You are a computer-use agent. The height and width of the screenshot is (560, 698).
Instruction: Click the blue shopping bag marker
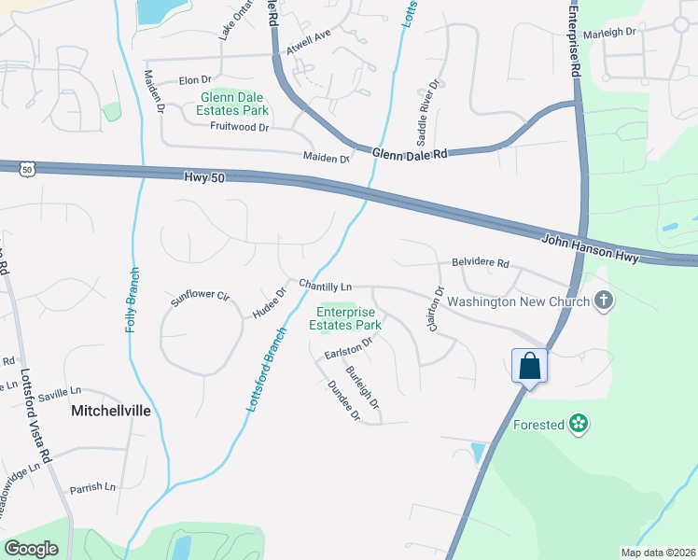click(x=529, y=366)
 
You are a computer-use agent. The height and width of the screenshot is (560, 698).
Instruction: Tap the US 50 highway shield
click(x=26, y=169)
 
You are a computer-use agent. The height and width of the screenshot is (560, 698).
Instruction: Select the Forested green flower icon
click(x=579, y=425)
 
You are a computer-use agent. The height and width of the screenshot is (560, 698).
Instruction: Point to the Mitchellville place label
click(x=108, y=410)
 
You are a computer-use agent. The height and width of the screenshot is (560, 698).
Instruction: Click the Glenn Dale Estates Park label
click(x=231, y=103)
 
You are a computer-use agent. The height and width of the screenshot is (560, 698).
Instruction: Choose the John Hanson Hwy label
click(x=592, y=246)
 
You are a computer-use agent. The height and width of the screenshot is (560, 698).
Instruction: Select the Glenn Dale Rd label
click(x=410, y=154)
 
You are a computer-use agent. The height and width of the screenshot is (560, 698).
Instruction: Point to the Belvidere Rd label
click(x=481, y=263)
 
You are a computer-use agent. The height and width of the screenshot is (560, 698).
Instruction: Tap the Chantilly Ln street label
click(x=325, y=285)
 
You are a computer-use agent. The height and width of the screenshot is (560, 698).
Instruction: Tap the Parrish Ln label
click(x=91, y=487)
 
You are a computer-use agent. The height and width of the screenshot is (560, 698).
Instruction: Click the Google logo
click(x=32, y=549)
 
